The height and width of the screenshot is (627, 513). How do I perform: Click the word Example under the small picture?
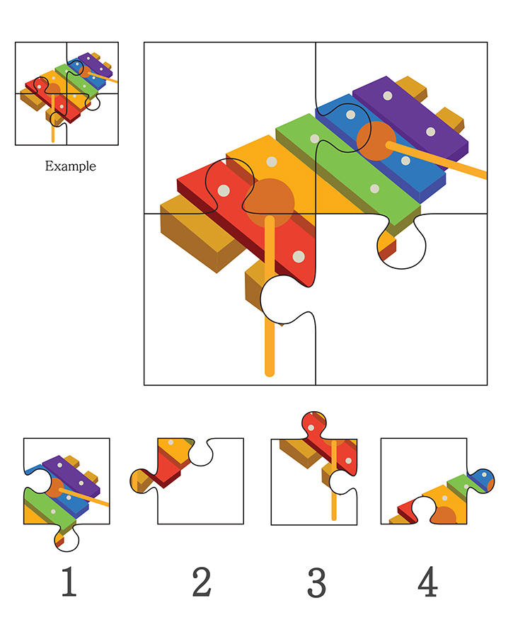[70, 166]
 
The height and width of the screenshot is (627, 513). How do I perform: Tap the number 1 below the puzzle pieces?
[69, 582]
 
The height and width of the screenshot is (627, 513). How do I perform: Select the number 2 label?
[202, 582]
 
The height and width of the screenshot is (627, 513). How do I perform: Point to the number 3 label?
[317, 582]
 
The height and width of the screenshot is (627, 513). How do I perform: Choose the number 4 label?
[427, 582]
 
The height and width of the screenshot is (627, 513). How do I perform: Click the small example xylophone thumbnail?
[67, 93]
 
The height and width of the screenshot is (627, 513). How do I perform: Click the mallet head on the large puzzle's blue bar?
[376, 141]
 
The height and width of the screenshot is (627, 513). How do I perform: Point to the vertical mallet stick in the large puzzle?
[270, 296]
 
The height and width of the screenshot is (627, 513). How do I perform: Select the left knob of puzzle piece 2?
[139, 481]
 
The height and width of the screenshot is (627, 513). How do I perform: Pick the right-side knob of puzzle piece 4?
[482, 481]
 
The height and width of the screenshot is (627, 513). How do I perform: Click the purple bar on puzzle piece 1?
[71, 476]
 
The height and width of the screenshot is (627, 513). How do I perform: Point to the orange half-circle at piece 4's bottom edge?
[444, 516]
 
